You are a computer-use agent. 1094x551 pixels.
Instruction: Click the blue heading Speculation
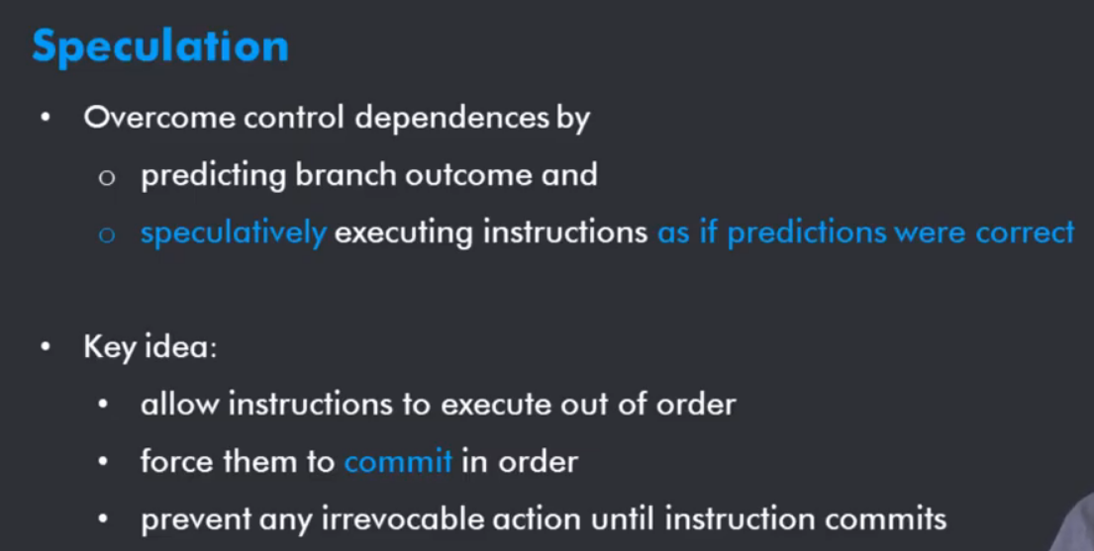pyautogui.click(x=160, y=48)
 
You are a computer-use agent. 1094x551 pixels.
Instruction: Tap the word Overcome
pyautogui.click(x=159, y=118)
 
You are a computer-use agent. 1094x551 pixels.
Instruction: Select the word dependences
pyautogui.click(x=452, y=119)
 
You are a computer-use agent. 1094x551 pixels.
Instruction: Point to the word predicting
pyautogui.click(x=214, y=175)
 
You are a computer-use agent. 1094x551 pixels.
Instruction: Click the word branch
pyautogui.click(x=347, y=174)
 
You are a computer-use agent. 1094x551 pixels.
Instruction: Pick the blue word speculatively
pyautogui.click(x=233, y=232)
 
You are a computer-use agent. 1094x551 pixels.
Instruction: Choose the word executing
pyautogui.click(x=405, y=232)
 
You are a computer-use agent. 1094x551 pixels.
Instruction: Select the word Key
pyautogui.click(x=110, y=347)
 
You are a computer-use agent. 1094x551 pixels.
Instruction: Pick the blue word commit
pyautogui.click(x=398, y=462)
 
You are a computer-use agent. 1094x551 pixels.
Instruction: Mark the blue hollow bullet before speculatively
pyautogui.click(x=106, y=234)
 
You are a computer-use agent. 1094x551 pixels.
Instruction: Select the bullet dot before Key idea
pyautogui.click(x=47, y=346)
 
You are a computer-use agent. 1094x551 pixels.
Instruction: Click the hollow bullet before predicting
pyautogui.click(x=106, y=177)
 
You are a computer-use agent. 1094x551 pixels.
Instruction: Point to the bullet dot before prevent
pyautogui.click(x=103, y=518)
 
